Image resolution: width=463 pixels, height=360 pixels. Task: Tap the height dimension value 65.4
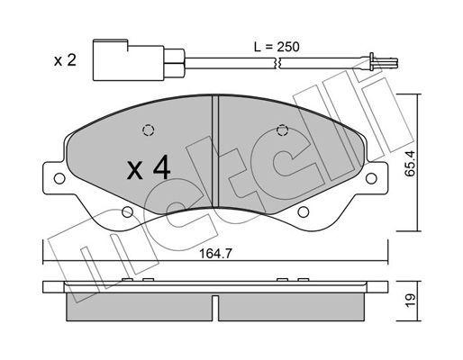pyautogui.click(x=410, y=164)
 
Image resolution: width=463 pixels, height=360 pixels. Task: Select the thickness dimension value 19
pyautogui.click(x=410, y=301)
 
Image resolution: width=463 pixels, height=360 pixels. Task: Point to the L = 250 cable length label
pyautogui.click(x=277, y=47)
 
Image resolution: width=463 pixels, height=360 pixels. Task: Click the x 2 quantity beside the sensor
pyautogui.click(x=65, y=60)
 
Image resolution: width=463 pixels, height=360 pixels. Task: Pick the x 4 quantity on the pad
pyautogui.click(x=149, y=169)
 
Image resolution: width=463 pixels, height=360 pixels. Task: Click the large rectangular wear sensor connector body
pyautogui.click(x=129, y=60)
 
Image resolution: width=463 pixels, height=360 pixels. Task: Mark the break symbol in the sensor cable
pyautogui.click(x=277, y=63)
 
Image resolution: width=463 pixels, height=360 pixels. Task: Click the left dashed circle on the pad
pyautogui.click(x=148, y=130)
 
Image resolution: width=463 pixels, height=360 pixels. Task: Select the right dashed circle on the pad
pyautogui.click(x=282, y=130)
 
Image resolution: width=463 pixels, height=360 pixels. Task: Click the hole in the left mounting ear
pyautogui.click(x=59, y=178)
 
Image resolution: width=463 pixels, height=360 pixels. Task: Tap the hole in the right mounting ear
pyautogui.click(x=371, y=178)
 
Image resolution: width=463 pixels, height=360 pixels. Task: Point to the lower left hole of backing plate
pyautogui.click(x=127, y=212)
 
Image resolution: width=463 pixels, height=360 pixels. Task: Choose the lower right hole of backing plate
pyautogui.click(x=304, y=212)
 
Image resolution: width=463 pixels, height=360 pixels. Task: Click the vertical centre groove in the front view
pyautogui.click(x=215, y=151)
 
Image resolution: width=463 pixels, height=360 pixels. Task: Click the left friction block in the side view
pyautogui.click(x=139, y=307)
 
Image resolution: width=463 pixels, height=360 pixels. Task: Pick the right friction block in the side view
pyautogui.click(x=292, y=307)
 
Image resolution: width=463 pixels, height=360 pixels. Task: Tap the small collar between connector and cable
pyautogui.click(x=174, y=63)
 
